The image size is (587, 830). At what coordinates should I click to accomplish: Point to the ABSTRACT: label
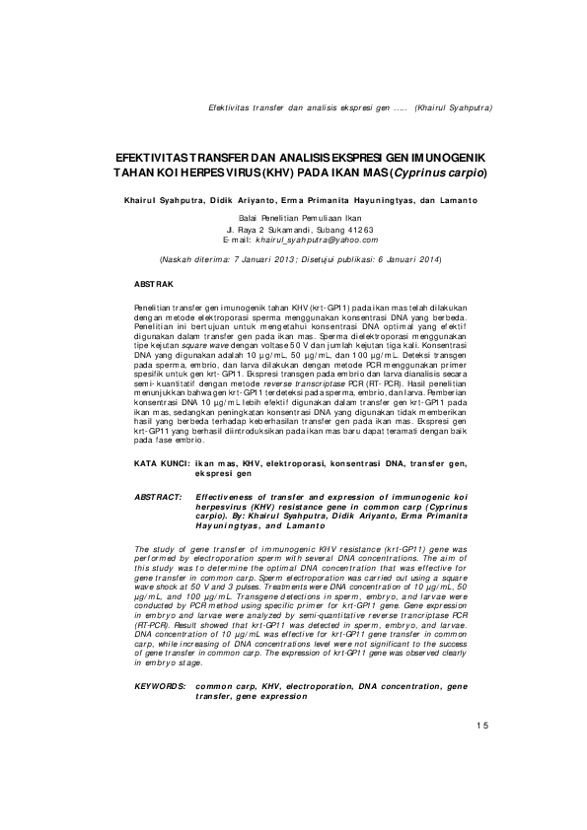[158, 498]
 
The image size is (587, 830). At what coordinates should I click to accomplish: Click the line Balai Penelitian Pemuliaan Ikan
[294, 217]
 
